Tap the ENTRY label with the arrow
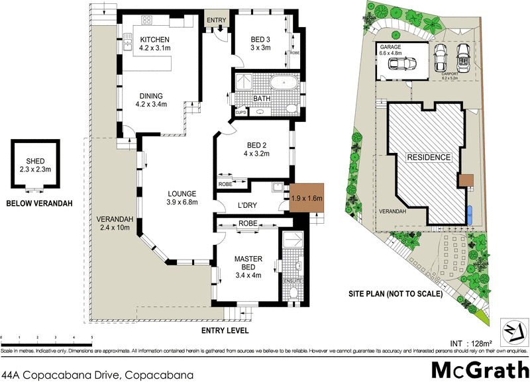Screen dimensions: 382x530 (216, 21)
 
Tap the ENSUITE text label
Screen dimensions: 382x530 (292, 281)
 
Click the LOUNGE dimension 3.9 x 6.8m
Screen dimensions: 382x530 (182, 203)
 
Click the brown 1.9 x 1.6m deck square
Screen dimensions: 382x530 (306, 198)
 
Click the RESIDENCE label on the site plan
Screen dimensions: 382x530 (429, 158)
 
